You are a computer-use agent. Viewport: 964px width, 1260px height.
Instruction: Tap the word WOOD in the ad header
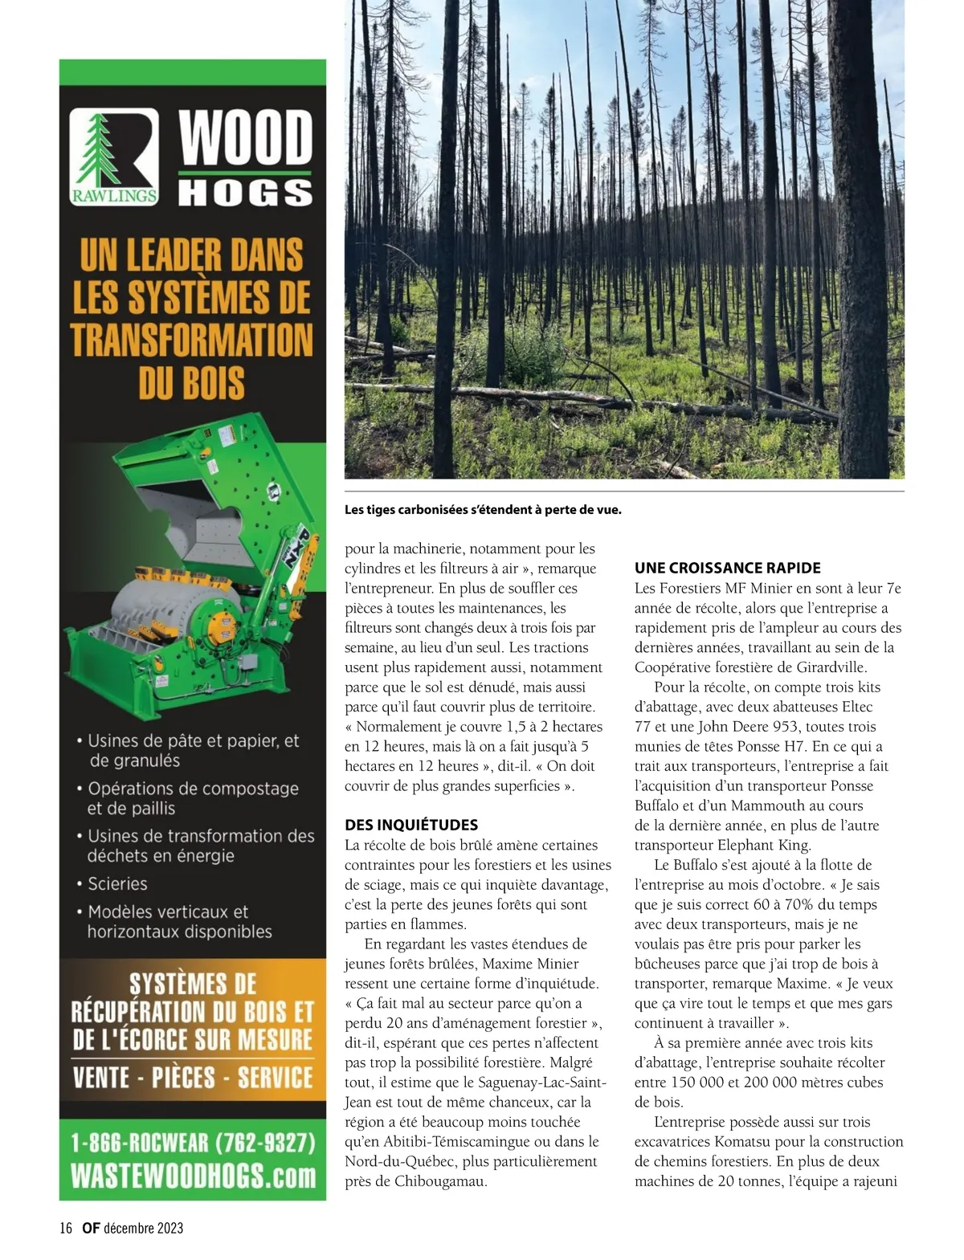[245, 137]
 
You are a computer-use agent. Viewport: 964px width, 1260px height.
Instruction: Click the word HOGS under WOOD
[245, 193]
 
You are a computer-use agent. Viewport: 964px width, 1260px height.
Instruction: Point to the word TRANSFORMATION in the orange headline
[192, 339]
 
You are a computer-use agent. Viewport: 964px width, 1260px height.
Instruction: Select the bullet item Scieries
[117, 883]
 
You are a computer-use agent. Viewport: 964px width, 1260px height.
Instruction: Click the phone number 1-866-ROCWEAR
[192, 1141]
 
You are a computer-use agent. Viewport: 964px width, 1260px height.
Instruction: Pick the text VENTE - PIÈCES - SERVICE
[193, 1076]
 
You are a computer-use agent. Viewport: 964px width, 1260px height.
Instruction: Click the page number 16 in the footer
[66, 1227]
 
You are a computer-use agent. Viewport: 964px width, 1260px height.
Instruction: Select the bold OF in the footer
[91, 1227]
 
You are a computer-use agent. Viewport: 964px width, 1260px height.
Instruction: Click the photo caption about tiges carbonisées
[483, 509]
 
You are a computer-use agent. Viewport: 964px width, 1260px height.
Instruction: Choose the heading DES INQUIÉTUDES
[411, 825]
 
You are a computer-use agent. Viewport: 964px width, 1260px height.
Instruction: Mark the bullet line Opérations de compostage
[193, 789]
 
